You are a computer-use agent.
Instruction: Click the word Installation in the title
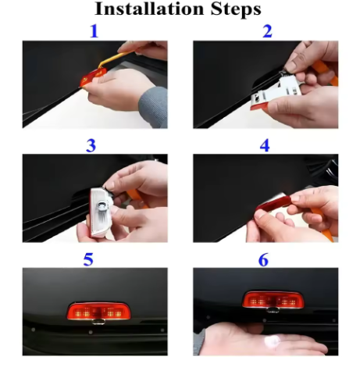click(x=149, y=9)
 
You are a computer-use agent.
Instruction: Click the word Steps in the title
click(x=236, y=9)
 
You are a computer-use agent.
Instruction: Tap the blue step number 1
click(x=94, y=31)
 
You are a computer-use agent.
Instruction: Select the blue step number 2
click(x=267, y=31)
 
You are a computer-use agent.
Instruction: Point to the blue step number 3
click(x=91, y=146)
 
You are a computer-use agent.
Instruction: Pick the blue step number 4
click(x=265, y=145)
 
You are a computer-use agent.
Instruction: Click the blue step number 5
click(x=88, y=259)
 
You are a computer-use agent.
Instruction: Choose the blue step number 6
click(x=263, y=260)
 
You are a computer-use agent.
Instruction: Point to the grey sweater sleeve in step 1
click(x=153, y=107)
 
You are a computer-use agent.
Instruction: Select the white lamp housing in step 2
click(x=276, y=93)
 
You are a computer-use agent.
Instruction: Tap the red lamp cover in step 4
click(x=273, y=204)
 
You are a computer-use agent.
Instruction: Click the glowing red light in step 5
click(x=98, y=311)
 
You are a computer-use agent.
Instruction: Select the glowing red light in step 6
click(x=273, y=300)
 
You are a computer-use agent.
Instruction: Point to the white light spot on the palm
click(x=272, y=341)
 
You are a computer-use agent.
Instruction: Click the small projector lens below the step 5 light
click(x=98, y=323)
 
